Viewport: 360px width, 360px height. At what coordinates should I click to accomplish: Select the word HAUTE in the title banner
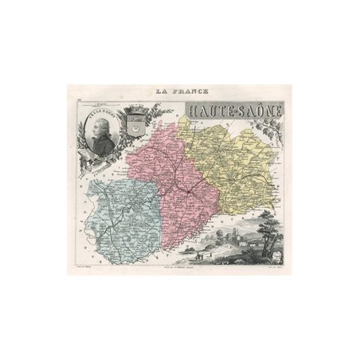(x=205, y=108)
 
